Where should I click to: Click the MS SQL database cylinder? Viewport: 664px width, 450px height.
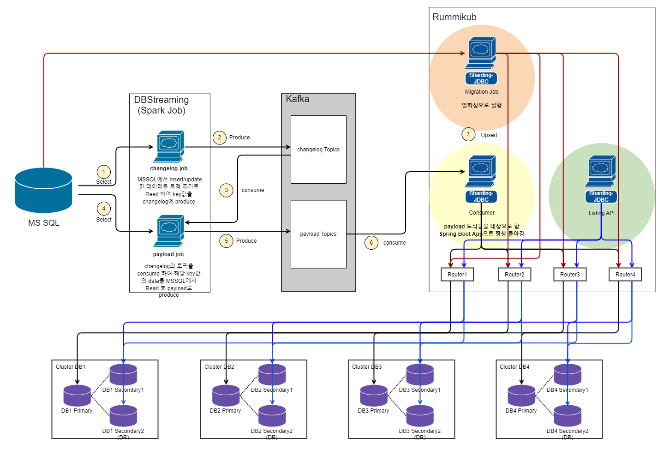[x=43, y=190]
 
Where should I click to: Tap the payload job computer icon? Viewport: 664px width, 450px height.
[x=169, y=231]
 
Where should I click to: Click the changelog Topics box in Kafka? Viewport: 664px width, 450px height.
[x=318, y=150]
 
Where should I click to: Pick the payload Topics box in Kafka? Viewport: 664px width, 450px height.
[x=318, y=234]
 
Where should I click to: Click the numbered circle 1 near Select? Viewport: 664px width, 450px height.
[x=104, y=172]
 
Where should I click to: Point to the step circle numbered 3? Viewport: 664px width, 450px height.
[x=226, y=190]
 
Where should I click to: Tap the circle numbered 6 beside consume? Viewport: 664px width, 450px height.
[x=371, y=243]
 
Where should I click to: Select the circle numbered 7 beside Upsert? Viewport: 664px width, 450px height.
[x=468, y=134]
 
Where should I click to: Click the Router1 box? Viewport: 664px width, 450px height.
[x=457, y=275]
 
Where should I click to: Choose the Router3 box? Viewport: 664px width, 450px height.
[x=570, y=275]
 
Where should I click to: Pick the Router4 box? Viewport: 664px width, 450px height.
[x=625, y=275]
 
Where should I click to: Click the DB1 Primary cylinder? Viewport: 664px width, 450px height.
[x=77, y=396]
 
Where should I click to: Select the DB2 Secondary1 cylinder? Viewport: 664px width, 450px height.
[x=272, y=375]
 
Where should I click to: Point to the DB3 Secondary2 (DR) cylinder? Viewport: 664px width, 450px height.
[x=420, y=416]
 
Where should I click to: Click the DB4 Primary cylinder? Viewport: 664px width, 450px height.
[x=521, y=396]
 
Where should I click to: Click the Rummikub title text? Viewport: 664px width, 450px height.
[x=454, y=17]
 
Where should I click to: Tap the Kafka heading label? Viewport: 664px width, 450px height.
[x=297, y=99]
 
